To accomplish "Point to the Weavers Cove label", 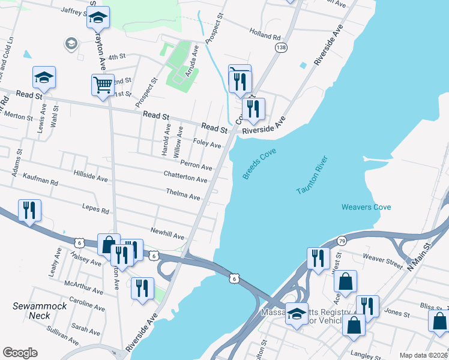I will (366, 207).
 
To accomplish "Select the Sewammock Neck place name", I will (35, 310).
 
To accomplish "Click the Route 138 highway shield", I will (280, 46).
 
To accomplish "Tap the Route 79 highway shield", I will (341, 240).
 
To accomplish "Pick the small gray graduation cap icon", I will (71, 44).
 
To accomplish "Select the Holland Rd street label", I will (265, 37).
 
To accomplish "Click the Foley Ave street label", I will (208, 144).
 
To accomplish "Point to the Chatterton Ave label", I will (185, 177).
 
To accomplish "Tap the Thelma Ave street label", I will (183, 194).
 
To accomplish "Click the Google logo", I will (20, 353).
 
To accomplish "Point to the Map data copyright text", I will (423, 355).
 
